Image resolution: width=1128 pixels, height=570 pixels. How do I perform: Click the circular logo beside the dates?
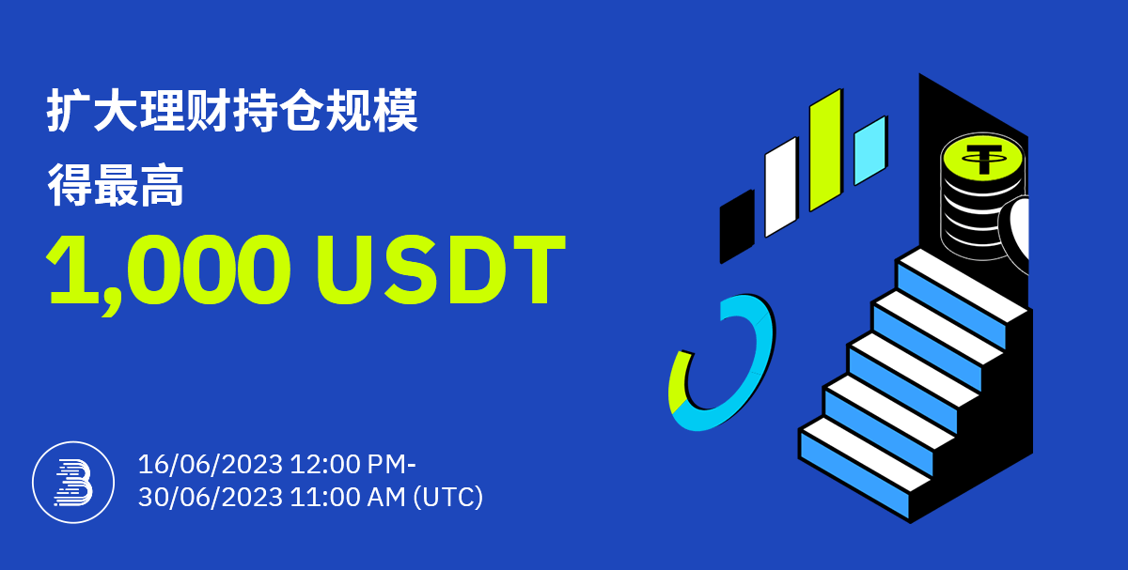coord(73,483)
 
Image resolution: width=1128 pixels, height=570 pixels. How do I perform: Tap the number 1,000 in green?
coord(168,274)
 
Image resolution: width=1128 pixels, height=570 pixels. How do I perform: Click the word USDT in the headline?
coord(441,270)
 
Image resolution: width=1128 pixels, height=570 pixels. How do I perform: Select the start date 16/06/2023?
coord(210,464)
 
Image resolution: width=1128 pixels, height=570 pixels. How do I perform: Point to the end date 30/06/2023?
coord(210,497)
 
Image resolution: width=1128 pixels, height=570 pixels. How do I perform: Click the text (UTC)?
coord(448,498)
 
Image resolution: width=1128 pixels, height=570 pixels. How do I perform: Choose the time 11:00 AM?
coord(348,497)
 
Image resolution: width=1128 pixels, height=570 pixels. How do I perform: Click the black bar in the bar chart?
coord(737,227)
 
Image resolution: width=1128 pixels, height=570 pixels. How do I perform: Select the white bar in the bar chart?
coord(781,187)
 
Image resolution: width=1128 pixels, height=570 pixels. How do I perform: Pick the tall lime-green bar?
coord(826,150)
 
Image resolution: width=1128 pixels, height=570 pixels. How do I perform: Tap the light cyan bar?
coord(870,151)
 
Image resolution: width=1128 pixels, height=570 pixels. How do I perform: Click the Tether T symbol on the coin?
coord(983,159)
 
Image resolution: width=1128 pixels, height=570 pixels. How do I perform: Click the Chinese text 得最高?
coord(116,185)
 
